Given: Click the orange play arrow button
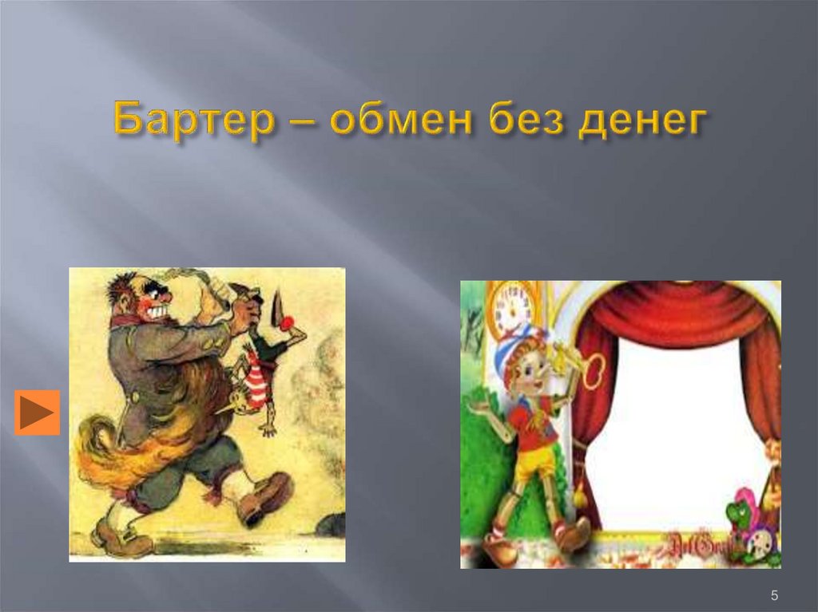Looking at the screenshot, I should pyautogui.click(x=37, y=413).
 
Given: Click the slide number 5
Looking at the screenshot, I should pyautogui.click(x=774, y=594).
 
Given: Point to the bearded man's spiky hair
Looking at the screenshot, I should pyautogui.click(x=122, y=286).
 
